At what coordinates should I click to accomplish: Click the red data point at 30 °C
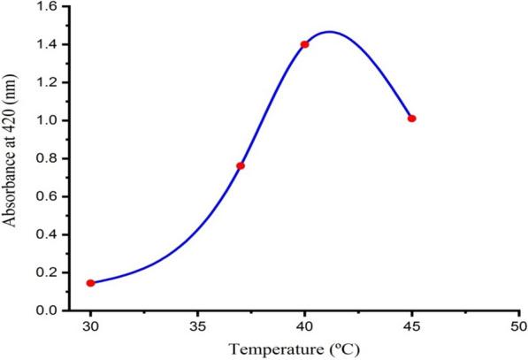[x=90, y=283]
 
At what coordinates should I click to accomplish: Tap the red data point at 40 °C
[x=305, y=44]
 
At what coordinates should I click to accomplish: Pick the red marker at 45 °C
[x=412, y=119]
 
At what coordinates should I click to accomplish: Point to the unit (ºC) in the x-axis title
[x=344, y=349]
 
